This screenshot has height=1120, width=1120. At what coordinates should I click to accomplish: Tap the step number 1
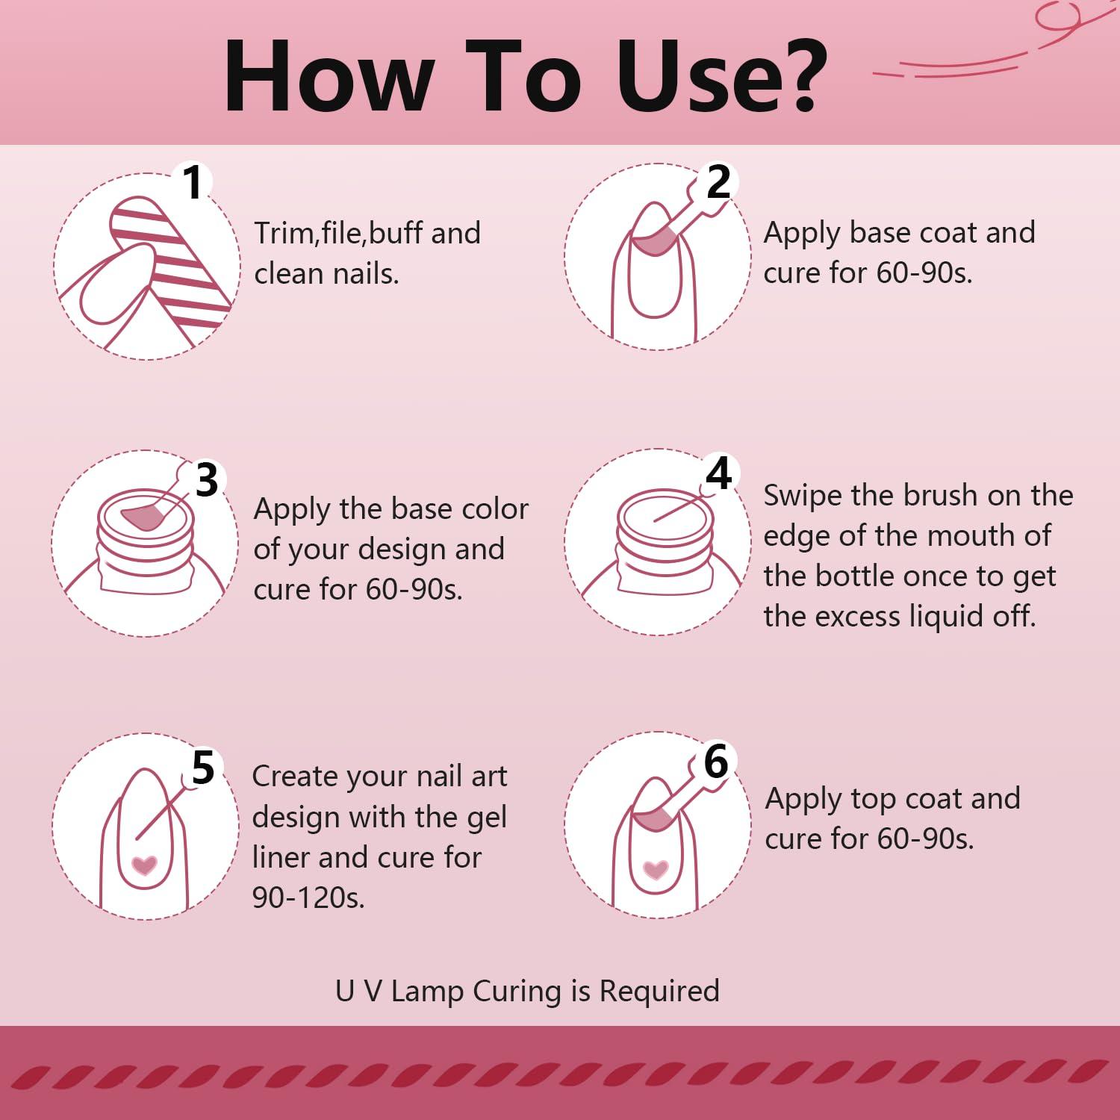193,182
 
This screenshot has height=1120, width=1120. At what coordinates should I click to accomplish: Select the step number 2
718,182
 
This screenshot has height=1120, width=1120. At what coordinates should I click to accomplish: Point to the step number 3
207,479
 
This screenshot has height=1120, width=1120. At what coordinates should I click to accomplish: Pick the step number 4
718,473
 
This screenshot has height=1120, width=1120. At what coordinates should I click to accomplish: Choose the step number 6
716,762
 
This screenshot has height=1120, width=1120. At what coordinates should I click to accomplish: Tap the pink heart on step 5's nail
144,865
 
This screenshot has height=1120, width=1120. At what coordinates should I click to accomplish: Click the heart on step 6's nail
656,869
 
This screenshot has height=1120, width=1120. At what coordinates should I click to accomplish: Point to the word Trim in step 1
286,233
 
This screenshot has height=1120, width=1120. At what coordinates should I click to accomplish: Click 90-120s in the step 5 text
308,897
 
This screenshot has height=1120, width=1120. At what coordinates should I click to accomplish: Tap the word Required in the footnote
659,992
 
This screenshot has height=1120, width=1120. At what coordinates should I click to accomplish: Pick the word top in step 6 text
884,800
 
